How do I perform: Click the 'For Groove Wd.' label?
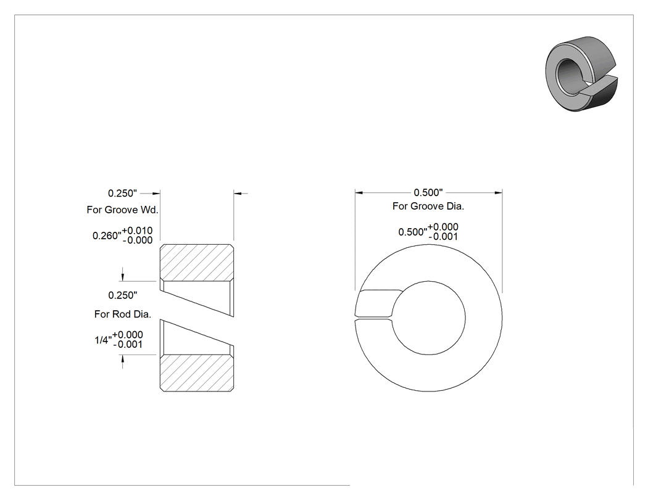click(x=122, y=210)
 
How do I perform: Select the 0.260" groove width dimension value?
click(x=107, y=236)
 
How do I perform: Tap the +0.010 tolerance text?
click(x=137, y=231)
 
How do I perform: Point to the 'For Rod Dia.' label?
click(x=123, y=314)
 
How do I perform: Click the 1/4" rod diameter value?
click(x=103, y=340)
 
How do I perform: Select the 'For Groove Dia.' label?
click(x=428, y=206)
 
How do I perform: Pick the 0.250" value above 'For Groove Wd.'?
click(x=122, y=193)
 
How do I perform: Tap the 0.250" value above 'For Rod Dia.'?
click(x=123, y=295)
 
